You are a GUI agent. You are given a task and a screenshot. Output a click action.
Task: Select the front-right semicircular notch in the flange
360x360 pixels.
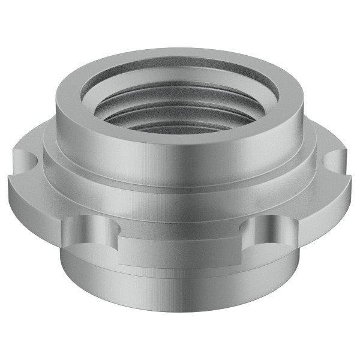(x=268, y=231)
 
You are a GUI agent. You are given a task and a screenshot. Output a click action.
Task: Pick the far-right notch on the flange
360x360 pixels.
(x=335, y=161)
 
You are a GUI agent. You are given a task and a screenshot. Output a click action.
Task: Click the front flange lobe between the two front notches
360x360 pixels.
(x=180, y=252)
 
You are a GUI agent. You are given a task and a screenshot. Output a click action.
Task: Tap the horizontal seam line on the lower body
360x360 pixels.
(x=180, y=278)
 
